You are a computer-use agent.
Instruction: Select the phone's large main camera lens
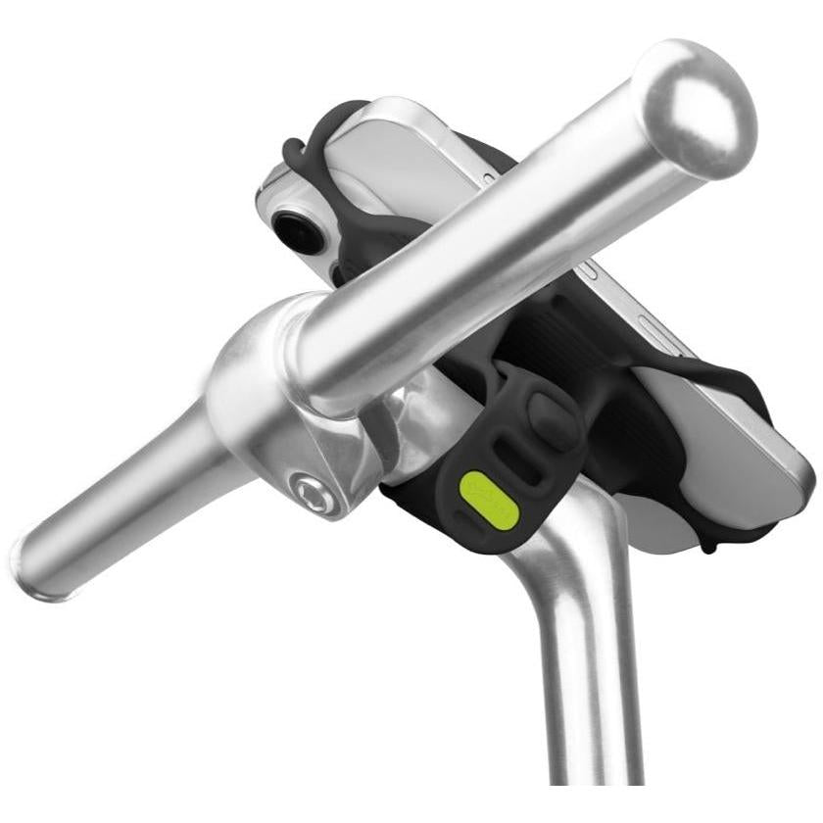291,228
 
